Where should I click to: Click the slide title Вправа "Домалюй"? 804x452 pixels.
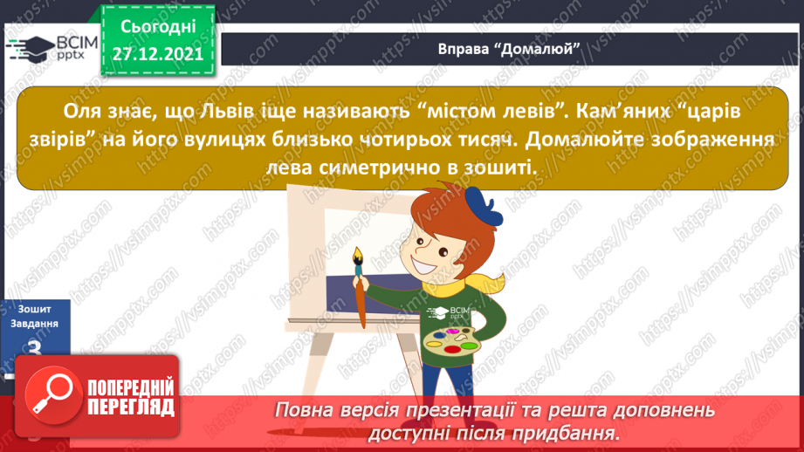click(x=510, y=49)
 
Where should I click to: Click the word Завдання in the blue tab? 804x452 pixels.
click(x=34, y=323)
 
